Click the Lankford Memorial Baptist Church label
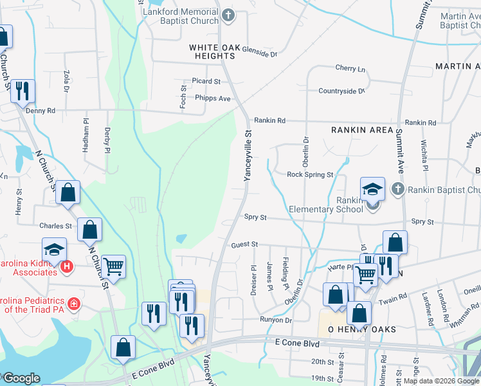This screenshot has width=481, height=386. click(182, 17)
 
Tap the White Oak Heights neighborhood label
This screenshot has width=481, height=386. click(212, 51)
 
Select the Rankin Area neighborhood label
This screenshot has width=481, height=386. click(361, 130)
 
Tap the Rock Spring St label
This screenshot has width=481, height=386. click(310, 174)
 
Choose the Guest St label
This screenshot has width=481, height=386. click(244, 244)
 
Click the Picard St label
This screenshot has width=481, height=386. click(206, 82)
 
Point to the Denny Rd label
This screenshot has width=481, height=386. click(41, 111)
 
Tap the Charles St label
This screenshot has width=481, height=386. click(55, 226)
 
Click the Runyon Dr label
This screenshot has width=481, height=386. click(276, 319)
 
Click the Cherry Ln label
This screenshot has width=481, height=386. click(350, 69)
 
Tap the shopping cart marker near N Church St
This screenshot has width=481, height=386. click(113, 266)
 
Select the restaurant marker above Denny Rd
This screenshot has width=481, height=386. click(23, 91)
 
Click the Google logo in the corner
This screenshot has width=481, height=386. click(21, 378)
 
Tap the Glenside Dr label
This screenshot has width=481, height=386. click(255, 54)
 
